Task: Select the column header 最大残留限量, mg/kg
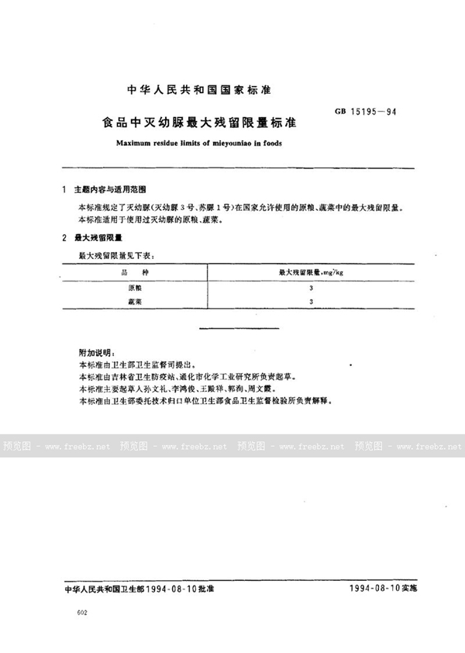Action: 309,271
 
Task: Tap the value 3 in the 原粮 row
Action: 310,287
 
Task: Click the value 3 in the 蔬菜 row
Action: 310,302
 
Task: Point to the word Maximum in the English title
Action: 133,143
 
